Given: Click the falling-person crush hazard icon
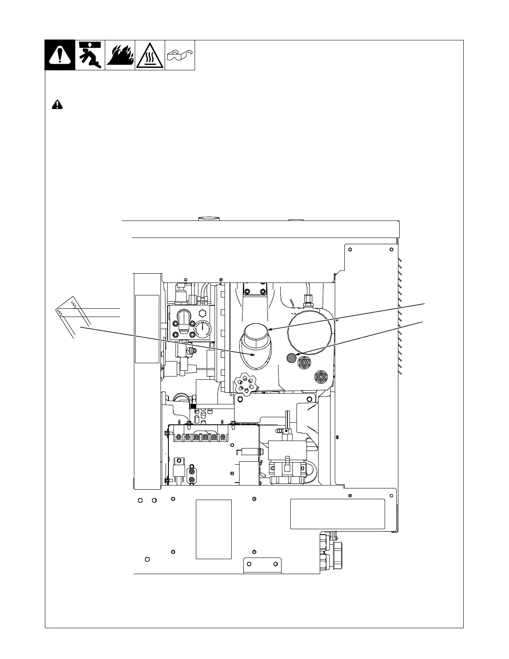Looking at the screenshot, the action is pyautogui.click(x=90, y=55).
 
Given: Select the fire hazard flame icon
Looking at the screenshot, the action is pyautogui.click(x=120, y=55).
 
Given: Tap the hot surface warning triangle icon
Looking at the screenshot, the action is pyautogui.click(x=150, y=55).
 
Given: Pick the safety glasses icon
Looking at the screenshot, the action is pyautogui.click(x=180, y=55).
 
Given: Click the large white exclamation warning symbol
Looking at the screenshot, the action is pyautogui.click(x=60, y=55).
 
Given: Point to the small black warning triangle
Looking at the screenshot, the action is pyautogui.click(x=57, y=104).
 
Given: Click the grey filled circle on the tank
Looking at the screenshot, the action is pyautogui.click(x=291, y=357).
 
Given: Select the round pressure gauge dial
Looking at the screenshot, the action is pyautogui.click(x=203, y=329).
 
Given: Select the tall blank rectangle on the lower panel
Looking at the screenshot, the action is pyautogui.click(x=213, y=529).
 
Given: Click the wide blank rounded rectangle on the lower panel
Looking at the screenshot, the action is pyautogui.click(x=337, y=514).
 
